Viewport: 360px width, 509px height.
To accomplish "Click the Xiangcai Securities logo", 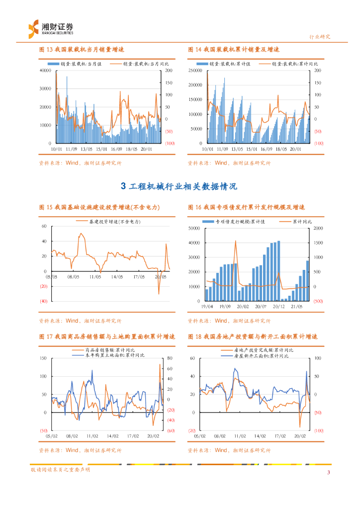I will pyautogui.click(x=50, y=28).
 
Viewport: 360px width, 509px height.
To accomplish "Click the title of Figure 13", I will pyautogui.click(x=81, y=50).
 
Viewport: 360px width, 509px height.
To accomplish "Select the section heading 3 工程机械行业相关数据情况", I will pyautogui.click(x=180, y=186).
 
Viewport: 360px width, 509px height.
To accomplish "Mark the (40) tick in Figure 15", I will pyautogui.click(x=44, y=301).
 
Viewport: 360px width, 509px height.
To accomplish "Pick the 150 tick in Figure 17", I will pyautogui.click(x=43, y=358).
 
